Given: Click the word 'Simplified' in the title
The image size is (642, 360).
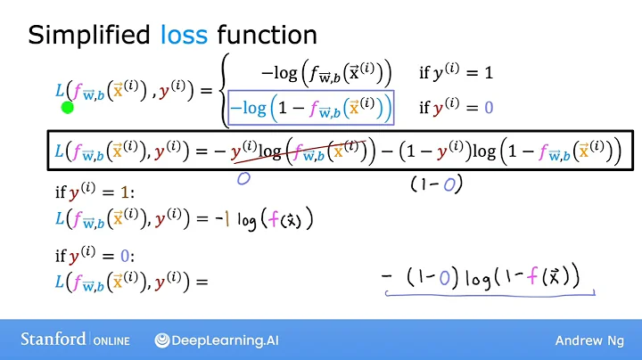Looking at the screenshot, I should coord(90,35).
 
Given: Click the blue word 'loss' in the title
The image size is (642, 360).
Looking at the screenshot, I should coord(184,35).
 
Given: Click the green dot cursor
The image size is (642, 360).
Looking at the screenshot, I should coord(67,108).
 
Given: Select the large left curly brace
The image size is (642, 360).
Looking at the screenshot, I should coord(225,89).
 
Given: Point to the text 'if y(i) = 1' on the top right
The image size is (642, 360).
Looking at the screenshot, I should coord(456,72).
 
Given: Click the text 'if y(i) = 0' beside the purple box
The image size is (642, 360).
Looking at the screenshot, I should coord(456,109).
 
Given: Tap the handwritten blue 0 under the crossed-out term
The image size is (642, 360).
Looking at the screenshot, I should coord(242,177).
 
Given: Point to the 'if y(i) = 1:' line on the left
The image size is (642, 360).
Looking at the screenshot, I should coord(88,192).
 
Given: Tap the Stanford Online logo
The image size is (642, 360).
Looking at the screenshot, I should coord(76,340).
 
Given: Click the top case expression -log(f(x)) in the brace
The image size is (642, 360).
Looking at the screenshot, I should coord(325,72).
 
